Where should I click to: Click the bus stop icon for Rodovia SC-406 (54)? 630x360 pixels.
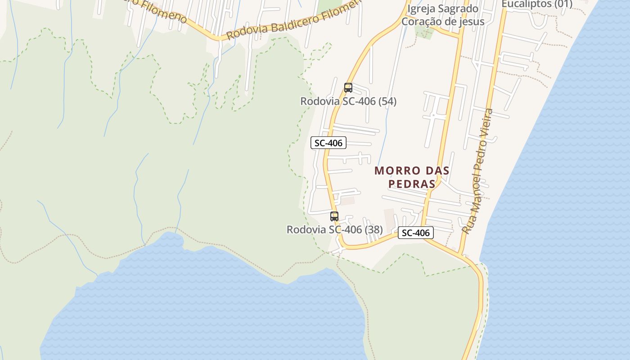[x=348, y=88]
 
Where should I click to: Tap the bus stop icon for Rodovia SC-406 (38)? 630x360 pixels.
[x=334, y=216]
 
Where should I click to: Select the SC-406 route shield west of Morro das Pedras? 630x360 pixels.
[x=328, y=143]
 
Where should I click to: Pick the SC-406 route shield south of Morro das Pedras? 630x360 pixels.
[x=416, y=233]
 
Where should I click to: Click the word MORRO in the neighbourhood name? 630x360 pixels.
[x=393, y=171]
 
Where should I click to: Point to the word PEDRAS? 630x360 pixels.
[x=412, y=184]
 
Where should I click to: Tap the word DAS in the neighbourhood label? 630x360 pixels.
[x=436, y=171]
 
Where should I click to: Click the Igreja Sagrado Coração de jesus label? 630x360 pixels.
[x=443, y=15]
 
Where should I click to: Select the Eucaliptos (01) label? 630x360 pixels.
[x=536, y=4]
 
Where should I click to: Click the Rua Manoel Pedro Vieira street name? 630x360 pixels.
[x=478, y=171]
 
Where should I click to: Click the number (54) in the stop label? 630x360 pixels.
[x=387, y=101]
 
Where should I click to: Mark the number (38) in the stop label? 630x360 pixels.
[x=373, y=229]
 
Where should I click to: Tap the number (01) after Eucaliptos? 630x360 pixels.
[x=562, y=4]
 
